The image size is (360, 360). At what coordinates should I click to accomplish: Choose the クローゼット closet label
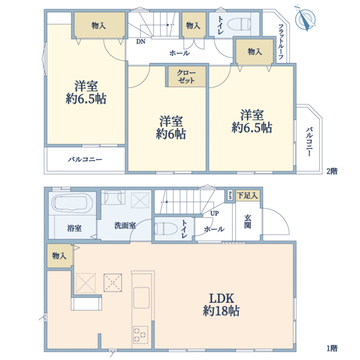click(x=187, y=76)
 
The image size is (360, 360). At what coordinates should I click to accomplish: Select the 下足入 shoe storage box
click(x=247, y=195)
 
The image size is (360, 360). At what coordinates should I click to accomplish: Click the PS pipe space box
click(x=229, y=194)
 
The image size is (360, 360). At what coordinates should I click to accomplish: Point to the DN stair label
click(x=140, y=42)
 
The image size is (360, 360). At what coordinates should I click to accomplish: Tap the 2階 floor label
click(x=332, y=171)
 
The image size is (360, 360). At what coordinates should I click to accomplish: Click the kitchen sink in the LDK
click(x=142, y=297)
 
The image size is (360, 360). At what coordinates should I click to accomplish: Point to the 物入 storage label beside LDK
click(x=59, y=256)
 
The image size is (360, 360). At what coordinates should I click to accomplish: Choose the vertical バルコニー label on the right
click(x=308, y=142)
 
